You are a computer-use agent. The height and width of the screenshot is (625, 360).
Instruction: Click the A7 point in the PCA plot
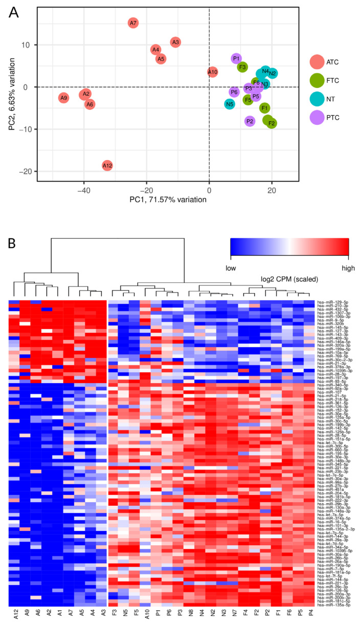[133, 23]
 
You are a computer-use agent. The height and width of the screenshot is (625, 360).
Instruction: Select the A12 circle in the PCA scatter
[107, 165]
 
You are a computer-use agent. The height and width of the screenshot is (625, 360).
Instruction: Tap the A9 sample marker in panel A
[63, 98]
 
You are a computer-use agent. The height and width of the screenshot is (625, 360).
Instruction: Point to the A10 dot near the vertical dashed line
[213, 72]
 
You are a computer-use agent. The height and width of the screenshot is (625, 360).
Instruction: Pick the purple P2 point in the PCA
[250, 121]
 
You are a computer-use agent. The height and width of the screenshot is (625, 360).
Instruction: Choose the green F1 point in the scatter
[264, 108]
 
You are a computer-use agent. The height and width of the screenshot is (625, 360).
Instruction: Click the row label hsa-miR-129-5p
[330, 302]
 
